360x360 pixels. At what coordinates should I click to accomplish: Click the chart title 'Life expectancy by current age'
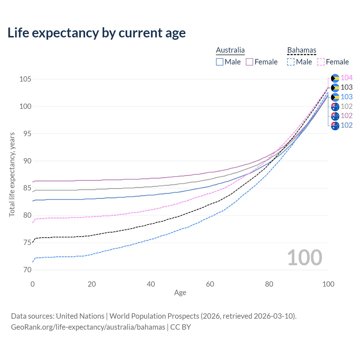pyautogui.click(x=96, y=33)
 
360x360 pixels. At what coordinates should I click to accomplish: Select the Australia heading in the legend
pyautogui.click(x=230, y=50)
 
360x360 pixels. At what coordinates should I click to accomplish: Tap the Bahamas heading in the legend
pyautogui.click(x=302, y=50)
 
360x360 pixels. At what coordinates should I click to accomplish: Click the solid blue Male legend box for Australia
pyautogui.click(x=220, y=62)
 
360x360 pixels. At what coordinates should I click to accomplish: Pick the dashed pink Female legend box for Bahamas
pyautogui.click(x=321, y=62)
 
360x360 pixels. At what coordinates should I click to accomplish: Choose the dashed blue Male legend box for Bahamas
pyautogui.click(x=291, y=62)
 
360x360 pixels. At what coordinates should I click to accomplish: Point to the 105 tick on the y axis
pyautogui.click(x=25, y=79)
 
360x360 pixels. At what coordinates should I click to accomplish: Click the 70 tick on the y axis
pyautogui.click(x=27, y=270)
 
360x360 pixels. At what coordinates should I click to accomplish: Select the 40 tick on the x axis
pyautogui.click(x=151, y=284)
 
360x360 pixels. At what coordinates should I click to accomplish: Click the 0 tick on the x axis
pyautogui.click(x=33, y=284)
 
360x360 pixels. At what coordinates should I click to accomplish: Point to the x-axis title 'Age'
pyautogui.click(x=180, y=293)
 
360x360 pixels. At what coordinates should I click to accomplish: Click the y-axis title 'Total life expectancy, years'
pyautogui.click(x=12, y=174)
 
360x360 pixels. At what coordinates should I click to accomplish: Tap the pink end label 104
pyautogui.click(x=346, y=78)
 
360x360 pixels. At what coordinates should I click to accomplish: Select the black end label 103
pyautogui.click(x=346, y=87)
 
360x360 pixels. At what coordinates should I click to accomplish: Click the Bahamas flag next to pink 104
pyautogui.click(x=335, y=78)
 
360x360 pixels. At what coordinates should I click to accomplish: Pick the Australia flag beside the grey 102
pyautogui.click(x=335, y=107)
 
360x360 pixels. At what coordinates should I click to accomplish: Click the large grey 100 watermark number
pyautogui.click(x=305, y=258)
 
